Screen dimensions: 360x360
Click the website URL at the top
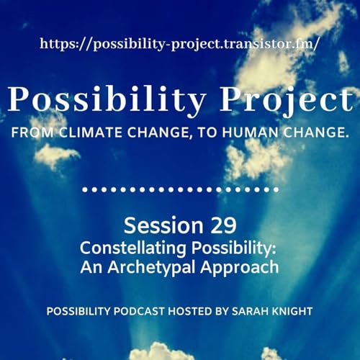click(x=179, y=43)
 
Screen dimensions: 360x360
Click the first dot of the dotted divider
click(x=86, y=190)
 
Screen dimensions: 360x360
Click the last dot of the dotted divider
click(x=276, y=190)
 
